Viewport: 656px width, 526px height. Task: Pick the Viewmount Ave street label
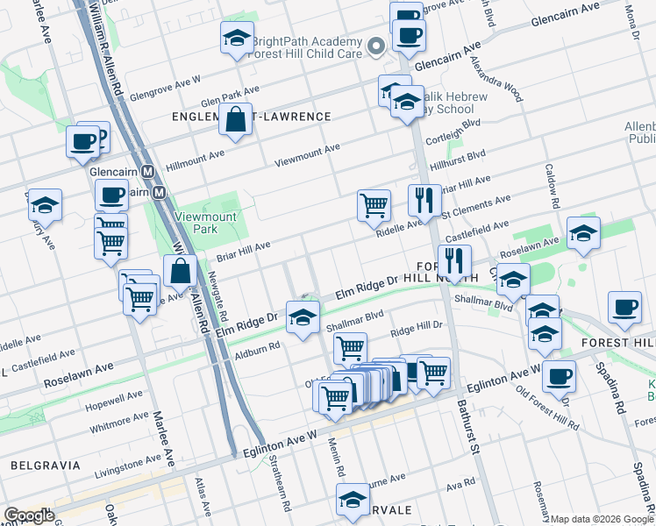(x=307, y=155)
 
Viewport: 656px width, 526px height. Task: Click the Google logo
(x=29, y=515)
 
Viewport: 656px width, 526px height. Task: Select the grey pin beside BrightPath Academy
(x=378, y=47)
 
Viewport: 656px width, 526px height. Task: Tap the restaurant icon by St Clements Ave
(x=424, y=201)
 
